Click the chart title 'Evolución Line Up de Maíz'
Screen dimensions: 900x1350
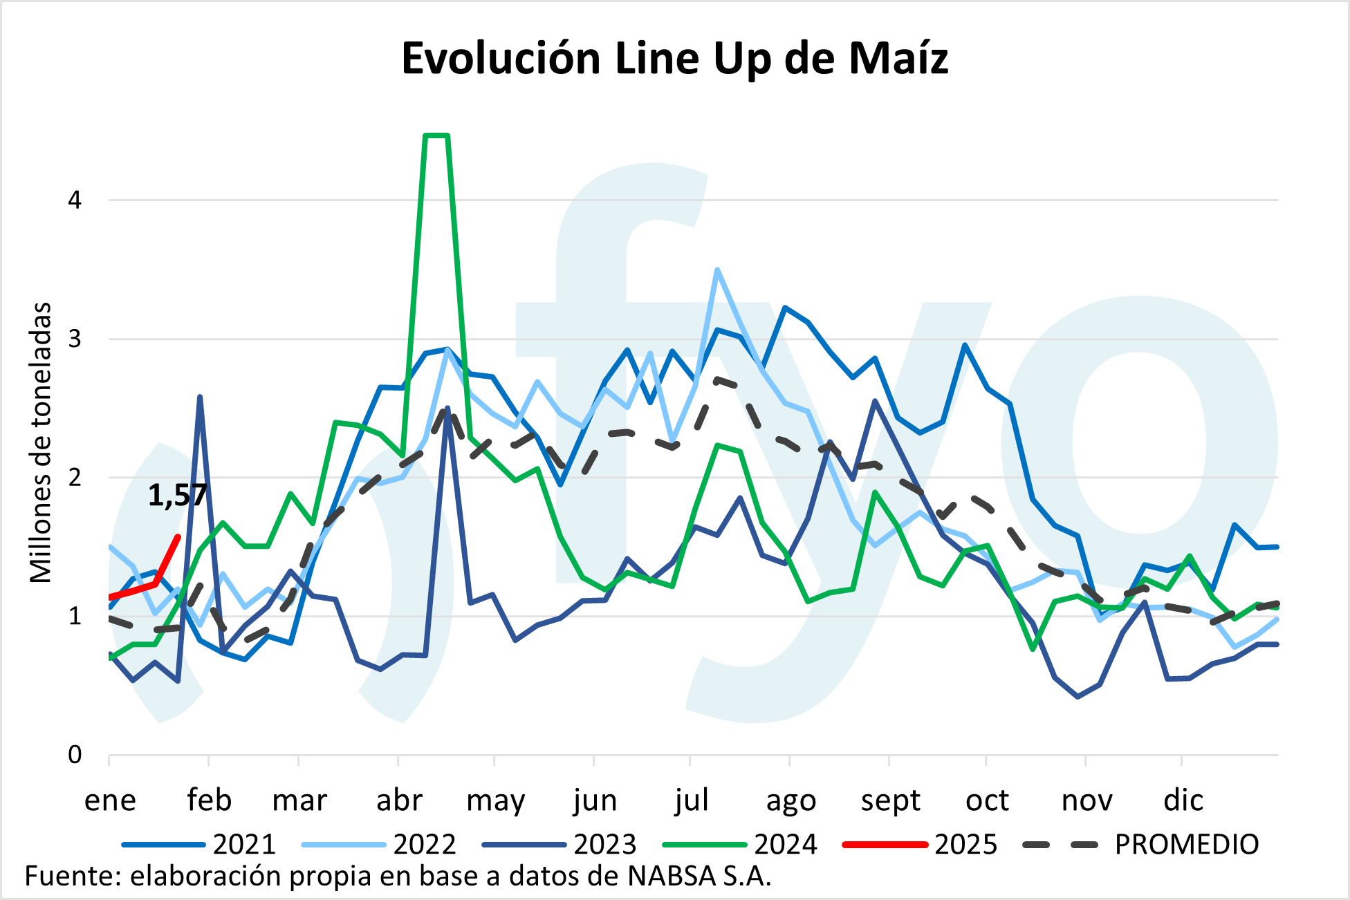pyautogui.click(x=674, y=58)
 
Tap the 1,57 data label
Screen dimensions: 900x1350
pyautogui.click(x=177, y=495)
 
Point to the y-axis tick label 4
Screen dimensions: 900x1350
pyautogui.click(x=75, y=200)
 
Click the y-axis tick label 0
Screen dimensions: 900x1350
pyautogui.click(x=75, y=754)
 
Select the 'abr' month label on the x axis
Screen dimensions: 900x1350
pyautogui.click(x=398, y=800)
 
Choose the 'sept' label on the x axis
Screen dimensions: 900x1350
pyautogui.click(x=890, y=800)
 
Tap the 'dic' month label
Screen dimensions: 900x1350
pyautogui.click(x=1183, y=800)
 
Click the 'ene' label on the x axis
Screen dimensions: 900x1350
pyautogui.click(x=110, y=800)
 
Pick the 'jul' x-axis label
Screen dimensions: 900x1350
pyautogui.click(x=692, y=800)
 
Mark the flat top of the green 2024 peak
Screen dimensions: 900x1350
pyautogui.click(x=436, y=135)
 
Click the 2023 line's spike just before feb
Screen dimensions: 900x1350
pyautogui.click(x=200, y=397)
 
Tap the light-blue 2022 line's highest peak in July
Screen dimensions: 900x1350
pyautogui.click(x=717, y=270)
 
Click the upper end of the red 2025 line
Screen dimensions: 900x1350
pyautogui.click(x=178, y=536)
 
